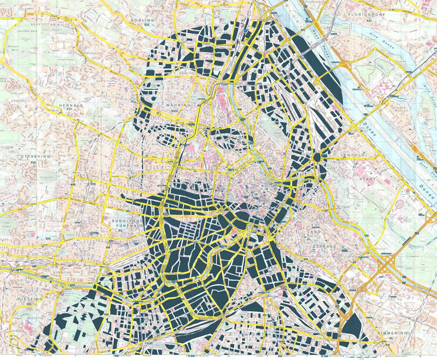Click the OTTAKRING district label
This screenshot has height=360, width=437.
[x=33, y=156]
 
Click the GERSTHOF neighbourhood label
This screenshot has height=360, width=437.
[x=105, y=80]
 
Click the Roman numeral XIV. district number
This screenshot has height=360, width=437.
[x=48, y=239]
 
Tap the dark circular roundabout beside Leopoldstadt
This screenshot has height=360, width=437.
[x=317, y=157]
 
